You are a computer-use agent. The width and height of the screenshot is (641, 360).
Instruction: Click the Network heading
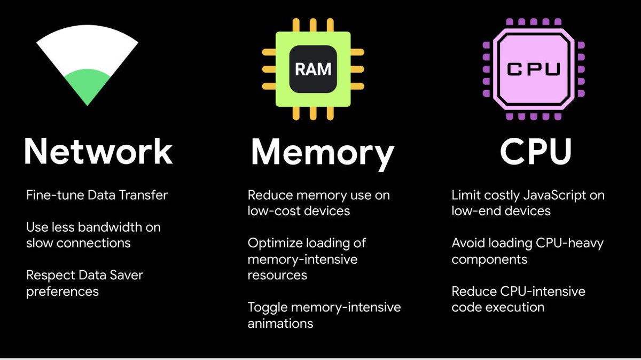click(x=98, y=151)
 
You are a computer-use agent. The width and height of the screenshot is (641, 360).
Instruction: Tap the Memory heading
click(x=323, y=152)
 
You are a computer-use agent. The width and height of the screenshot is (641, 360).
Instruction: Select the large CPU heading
click(x=536, y=151)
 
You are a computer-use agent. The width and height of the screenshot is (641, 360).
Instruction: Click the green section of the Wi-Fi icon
click(x=87, y=85)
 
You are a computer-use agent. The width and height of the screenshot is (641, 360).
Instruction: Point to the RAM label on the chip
click(x=312, y=69)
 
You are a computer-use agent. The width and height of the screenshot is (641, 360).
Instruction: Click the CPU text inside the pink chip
click(x=533, y=69)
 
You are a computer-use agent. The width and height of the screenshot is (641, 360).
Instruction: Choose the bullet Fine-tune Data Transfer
click(x=97, y=195)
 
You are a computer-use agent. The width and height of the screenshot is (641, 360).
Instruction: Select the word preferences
click(x=62, y=291)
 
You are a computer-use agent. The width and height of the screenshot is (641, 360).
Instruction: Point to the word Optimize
click(x=275, y=243)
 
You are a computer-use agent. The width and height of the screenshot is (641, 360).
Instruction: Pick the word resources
click(x=277, y=275)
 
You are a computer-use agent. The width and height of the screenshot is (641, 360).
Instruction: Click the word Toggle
click(x=266, y=307)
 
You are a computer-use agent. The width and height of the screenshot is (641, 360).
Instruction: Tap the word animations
click(x=280, y=323)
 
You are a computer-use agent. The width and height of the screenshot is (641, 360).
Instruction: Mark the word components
click(x=489, y=259)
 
